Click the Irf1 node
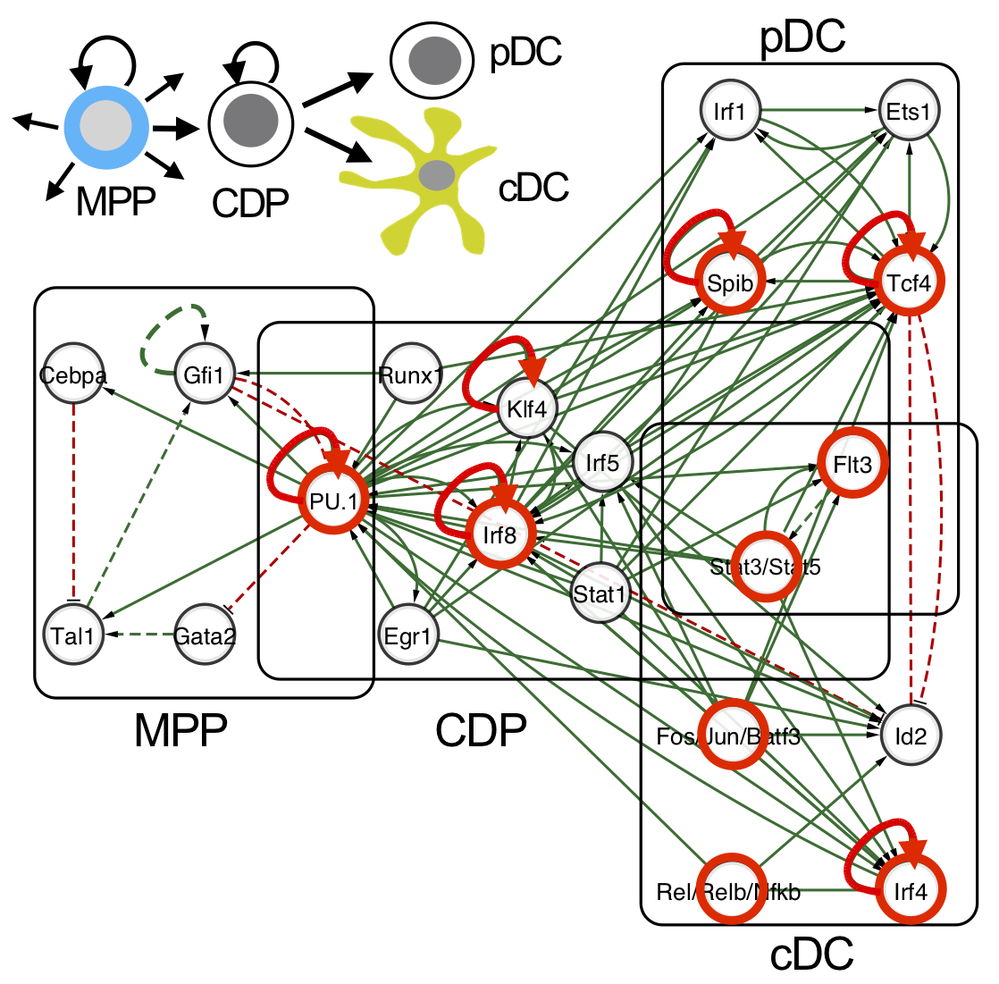click(x=730, y=113)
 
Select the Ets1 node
click(x=909, y=113)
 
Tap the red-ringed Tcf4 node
click(x=909, y=284)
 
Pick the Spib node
click(x=730, y=284)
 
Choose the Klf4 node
click(x=526, y=410)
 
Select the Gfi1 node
click(x=204, y=375)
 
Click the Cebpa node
click(x=73, y=375)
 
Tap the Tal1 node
click(x=73, y=636)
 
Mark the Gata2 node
click(x=205, y=636)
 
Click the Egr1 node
click(x=407, y=636)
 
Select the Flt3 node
click(x=852, y=465)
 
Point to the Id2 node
click(x=911, y=736)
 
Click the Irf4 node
click(x=911, y=891)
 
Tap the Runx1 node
click(x=408, y=375)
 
